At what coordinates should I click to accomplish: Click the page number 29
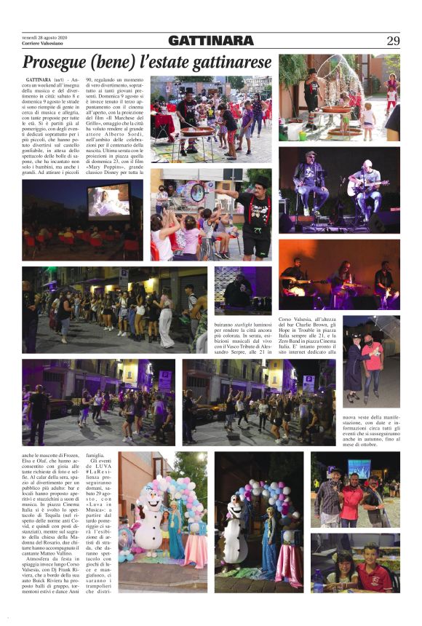(x=392, y=41)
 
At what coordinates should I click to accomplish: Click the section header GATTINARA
(x=210, y=41)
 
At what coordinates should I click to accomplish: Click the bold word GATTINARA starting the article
(x=37, y=77)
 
